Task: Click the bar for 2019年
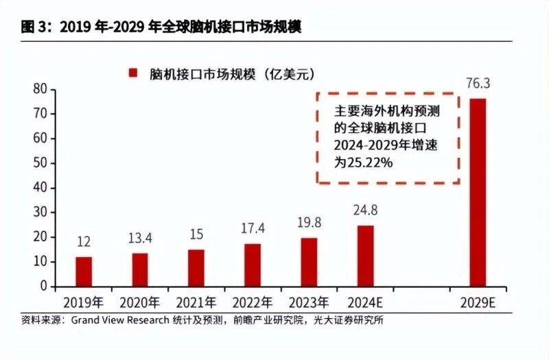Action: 84,272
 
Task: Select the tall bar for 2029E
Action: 477,192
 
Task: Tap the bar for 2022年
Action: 253,265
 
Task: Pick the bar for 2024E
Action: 365,256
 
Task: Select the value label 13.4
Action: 140,239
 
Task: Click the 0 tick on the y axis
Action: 43,287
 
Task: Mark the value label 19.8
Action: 309,224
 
